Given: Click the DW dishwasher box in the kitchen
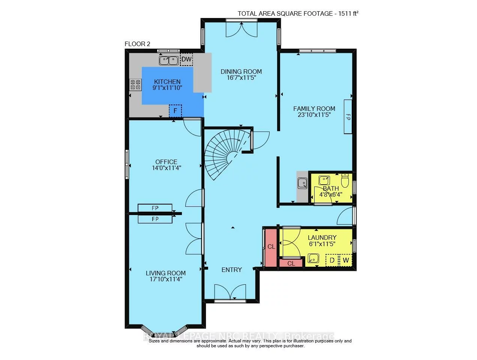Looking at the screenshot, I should tap(186, 59).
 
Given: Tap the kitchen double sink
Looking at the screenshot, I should tap(168, 60).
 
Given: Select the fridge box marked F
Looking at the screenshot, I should tap(175, 111).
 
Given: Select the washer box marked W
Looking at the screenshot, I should tap(346, 260).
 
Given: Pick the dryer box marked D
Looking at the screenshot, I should tap(332, 260).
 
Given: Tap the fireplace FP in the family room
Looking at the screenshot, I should tap(348, 117).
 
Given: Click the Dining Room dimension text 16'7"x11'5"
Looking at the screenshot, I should tap(241, 78).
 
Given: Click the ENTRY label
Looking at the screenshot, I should tap(231, 270).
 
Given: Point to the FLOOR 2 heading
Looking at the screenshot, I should tap(137, 44).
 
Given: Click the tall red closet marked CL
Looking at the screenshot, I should tap(271, 246).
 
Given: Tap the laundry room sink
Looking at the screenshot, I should tap(313, 258).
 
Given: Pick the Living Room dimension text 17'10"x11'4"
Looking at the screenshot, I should tap(165, 279).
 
